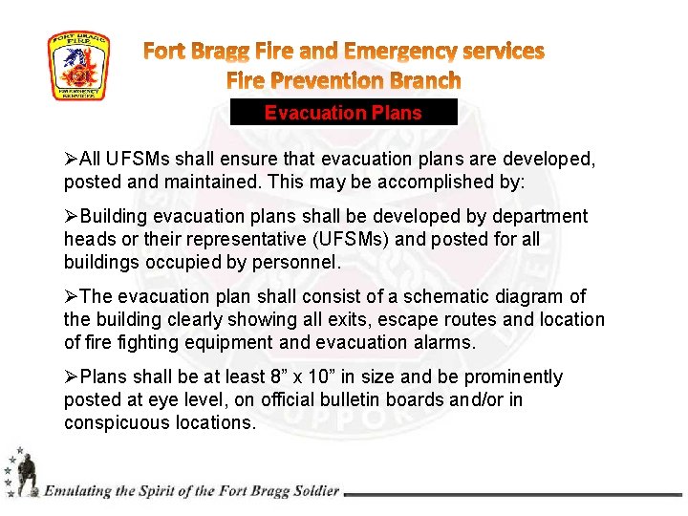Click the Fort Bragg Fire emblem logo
[x=78, y=66]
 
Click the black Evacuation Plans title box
[x=344, y=113]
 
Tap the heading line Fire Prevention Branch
[x=343, y=80]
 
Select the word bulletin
[x=329, y=400]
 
